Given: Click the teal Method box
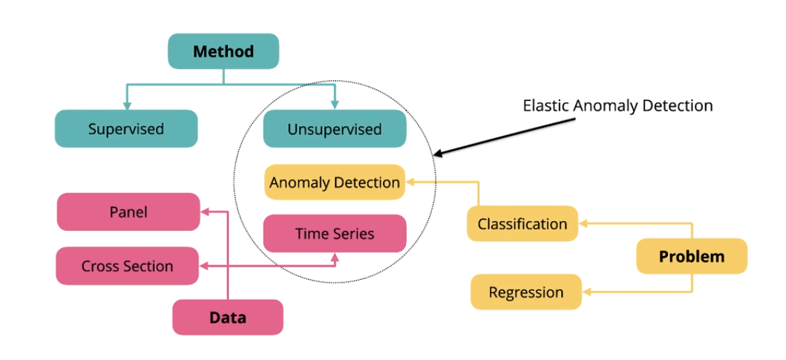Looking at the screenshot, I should coord(223,51).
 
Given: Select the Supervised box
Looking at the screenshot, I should coord(126,128).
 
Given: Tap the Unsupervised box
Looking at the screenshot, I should coord(335,129).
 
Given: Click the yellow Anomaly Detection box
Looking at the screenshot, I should coord(335,182).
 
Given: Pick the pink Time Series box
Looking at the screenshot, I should coord(335,233).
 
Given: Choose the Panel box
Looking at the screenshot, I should coord(128,212).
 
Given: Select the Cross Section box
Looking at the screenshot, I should coord(127,266).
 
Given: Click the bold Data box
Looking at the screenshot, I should coord(228,318).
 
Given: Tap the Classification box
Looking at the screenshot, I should coord(523,223).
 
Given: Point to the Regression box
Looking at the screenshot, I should coord(526,292).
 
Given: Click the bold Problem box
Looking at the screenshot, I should coord(692,256).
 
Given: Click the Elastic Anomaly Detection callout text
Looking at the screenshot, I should coord(618,105).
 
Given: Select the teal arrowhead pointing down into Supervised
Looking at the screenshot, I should coord(127,105).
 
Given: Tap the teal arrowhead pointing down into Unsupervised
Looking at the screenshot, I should coord(335,105).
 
